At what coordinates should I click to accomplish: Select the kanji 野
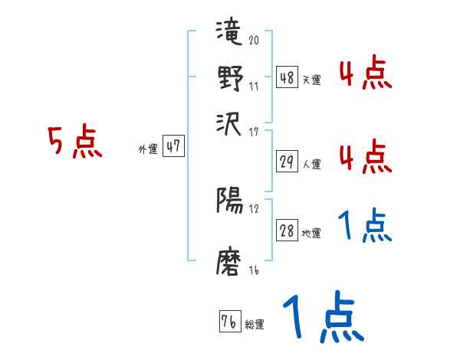(x=230, y=79)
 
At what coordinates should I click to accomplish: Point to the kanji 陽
(x=230, y=201)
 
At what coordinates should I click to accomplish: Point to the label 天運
(x=312, y=80)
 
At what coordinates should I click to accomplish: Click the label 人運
(x=312, y=163)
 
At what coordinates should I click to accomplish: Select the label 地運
(x=312, y=233)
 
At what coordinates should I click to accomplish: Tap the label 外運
(x=148, y=149)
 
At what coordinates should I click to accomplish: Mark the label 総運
(x=255, y=324)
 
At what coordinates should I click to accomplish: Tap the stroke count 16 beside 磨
(x=254, y=270)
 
